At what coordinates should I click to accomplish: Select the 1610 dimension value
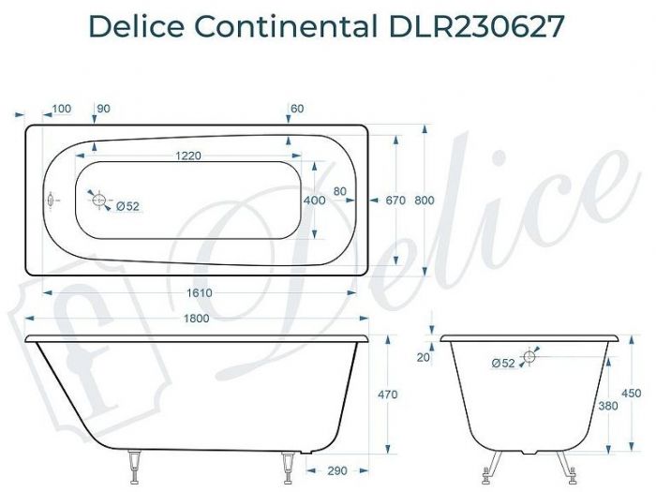coord(200,293)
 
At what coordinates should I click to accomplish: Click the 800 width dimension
coord(425,200)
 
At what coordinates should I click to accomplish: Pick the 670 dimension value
coord(394,200)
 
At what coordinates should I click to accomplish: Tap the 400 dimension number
coord(315,200)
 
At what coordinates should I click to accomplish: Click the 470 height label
coord(386,395)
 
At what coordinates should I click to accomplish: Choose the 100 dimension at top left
coord(62,110)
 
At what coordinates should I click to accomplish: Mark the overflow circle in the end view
coord(529,357)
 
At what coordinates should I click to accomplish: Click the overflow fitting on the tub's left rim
coord(51,199)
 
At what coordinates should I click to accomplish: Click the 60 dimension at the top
coord(298,110)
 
